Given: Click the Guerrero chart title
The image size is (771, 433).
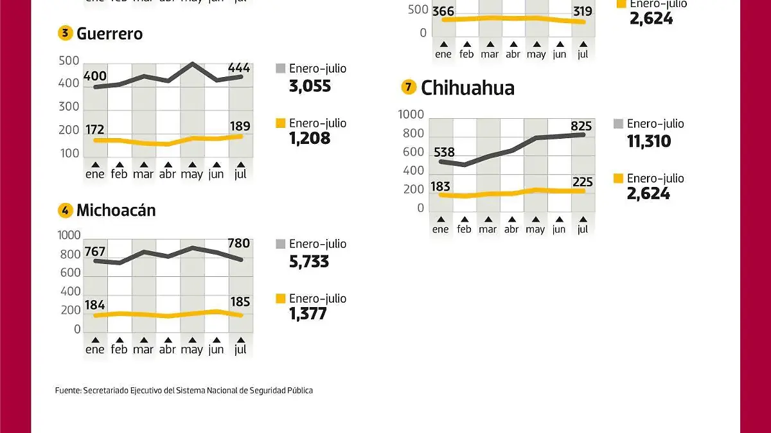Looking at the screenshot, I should (109, 34).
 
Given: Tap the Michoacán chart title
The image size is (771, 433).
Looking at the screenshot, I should (116, 210).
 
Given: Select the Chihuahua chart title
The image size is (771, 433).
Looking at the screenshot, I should (467, 87).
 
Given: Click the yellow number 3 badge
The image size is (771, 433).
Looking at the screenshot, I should (65, 34).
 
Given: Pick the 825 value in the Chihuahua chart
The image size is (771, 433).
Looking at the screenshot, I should (581, 125).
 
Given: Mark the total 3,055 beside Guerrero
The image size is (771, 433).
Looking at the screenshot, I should (310, 85).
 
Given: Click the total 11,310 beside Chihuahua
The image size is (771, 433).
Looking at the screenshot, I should (649, 141).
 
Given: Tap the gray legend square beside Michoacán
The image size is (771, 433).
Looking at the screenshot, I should (280, 244).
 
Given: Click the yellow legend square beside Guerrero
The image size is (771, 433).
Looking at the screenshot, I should (280, 123).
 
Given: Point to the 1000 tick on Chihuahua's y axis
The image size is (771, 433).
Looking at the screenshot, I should (411, 115).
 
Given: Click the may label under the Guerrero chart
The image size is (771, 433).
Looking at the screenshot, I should (191, 174).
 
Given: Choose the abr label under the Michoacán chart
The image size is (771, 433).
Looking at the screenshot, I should (167, 349).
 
